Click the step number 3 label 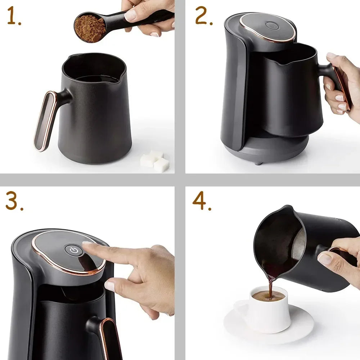tap(14, 202)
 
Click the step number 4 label tap(201, 202)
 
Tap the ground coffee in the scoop tap(90, 28)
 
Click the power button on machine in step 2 tap(271, 26)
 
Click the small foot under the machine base tap(258, 163)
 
